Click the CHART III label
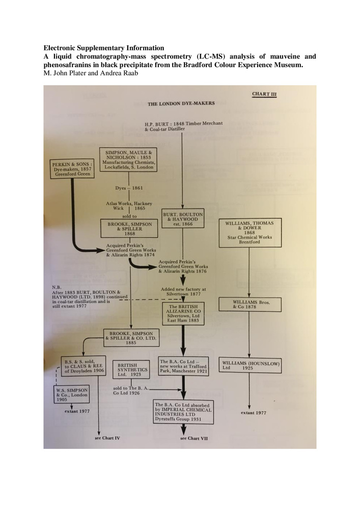pyautogui.click(x=264, y=95)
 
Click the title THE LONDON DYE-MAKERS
pyautogui.click(x=181, y=103)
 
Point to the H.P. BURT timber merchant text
pyautogui.click(x=169, y=127)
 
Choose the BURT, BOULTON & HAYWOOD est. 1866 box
pyautogui.click(x=183, y=218)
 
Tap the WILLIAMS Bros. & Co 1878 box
pyautogui.click(x=248, y=307)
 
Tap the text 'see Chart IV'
pyautogui.click(x=109, y=437)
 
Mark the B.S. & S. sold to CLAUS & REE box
pyautogui.click(x=82, y=365)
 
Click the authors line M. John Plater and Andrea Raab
pyautogui.click(x=88, y=73)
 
